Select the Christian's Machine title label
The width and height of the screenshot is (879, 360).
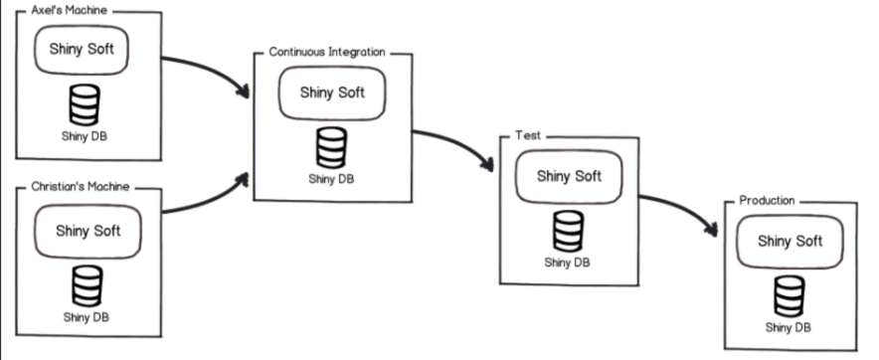pyautogui.click(x=80, y=185)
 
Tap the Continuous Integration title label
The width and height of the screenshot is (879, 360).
pyautogui.click(x=326, y=51)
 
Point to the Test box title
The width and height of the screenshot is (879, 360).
pyautogui.click(x=528, y=135)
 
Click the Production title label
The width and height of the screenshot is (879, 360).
pyautogui.click(x=767, y=200)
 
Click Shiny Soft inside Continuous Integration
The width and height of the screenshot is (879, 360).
pyautogui.click(x=332, y=92)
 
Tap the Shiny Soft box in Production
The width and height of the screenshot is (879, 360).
pyautogui.click(x=790, y=241)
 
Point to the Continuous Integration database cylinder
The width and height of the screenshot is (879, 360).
pyautogui.click(x=332, y=147)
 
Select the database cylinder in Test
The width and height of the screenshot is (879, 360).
pyautogui.click(x=565, y=231)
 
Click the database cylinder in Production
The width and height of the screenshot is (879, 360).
pyautogui.click(x=790, y=294)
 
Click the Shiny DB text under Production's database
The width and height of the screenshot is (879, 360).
pyautogui.click(x=789, y=327)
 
